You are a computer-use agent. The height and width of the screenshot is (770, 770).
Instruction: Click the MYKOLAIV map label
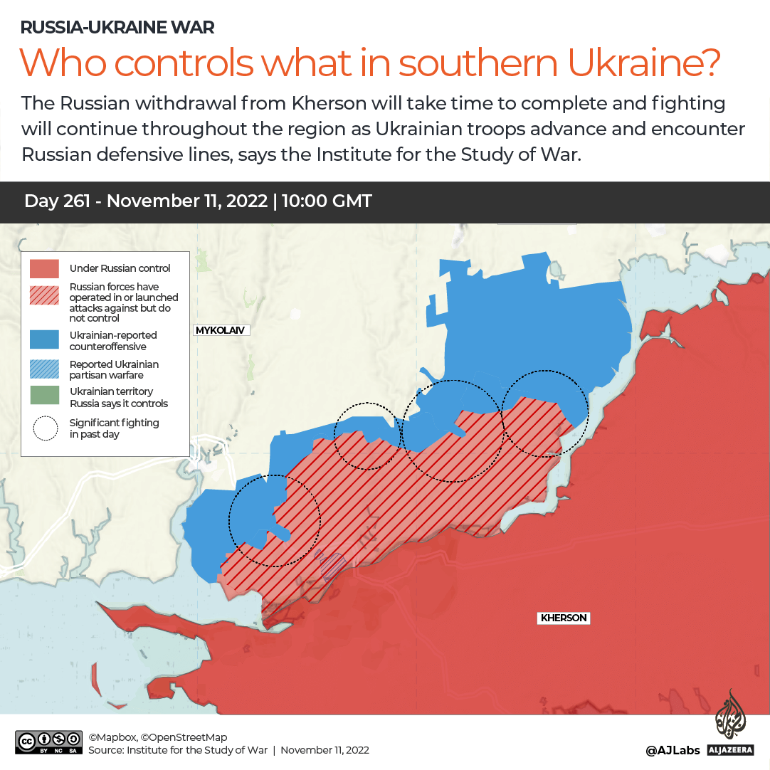(221, 330)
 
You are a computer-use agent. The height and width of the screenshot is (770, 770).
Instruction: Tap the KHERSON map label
(564, 618)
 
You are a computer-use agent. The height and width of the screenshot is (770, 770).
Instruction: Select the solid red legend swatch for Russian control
(44, 268)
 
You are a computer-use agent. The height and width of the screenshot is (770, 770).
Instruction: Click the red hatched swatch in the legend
(44, 295)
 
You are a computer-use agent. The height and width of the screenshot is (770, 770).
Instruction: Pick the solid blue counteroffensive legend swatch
(44, 339)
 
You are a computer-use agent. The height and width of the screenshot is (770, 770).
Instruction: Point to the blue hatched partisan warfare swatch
(44, 369)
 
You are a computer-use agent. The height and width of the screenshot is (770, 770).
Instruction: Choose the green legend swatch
(44, 396)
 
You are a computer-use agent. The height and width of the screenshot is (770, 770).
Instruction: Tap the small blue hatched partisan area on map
(332, 566)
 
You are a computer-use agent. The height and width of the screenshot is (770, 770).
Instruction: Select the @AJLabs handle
(673, 750)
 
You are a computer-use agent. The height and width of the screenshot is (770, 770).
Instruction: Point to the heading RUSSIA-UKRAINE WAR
(117, 28)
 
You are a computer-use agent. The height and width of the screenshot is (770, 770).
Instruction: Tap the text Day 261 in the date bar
(57, 201)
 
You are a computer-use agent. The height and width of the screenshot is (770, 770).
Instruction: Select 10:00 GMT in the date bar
(327, 201)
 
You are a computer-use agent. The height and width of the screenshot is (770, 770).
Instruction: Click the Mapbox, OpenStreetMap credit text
(158, 737)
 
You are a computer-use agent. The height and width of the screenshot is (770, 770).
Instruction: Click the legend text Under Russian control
(120, 268)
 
